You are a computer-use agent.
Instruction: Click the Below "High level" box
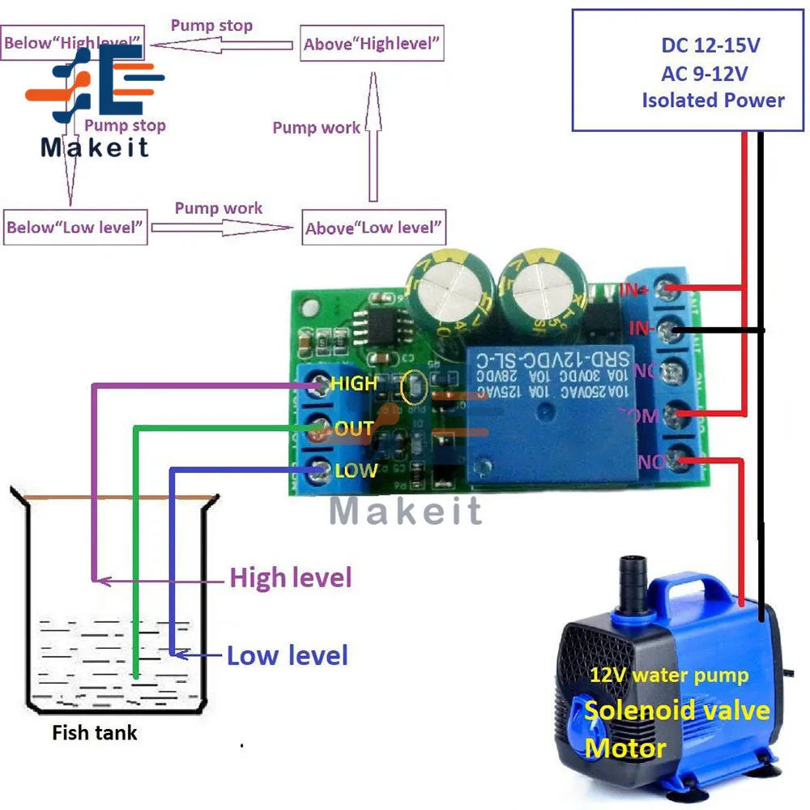coord(73,42)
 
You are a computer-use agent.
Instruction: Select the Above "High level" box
coord(373,44)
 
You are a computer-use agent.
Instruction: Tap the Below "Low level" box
coord(75,227)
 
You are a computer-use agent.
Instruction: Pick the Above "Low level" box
coord(373,228)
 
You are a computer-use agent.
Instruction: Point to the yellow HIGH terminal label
coord(354,383)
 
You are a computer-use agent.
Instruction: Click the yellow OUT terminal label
coord(354,428)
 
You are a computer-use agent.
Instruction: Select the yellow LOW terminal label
coord(356,470)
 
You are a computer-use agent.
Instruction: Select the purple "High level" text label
coord(291,578)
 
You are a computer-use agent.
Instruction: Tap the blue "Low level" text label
coord(288,655)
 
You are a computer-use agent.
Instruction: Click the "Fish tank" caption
coord(95,734)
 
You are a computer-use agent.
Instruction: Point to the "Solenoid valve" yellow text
coord(677,710)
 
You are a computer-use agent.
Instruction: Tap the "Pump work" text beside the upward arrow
coord(316,128)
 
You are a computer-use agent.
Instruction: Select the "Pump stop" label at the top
coord(211,26)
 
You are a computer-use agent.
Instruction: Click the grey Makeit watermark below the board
coord(406,510)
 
